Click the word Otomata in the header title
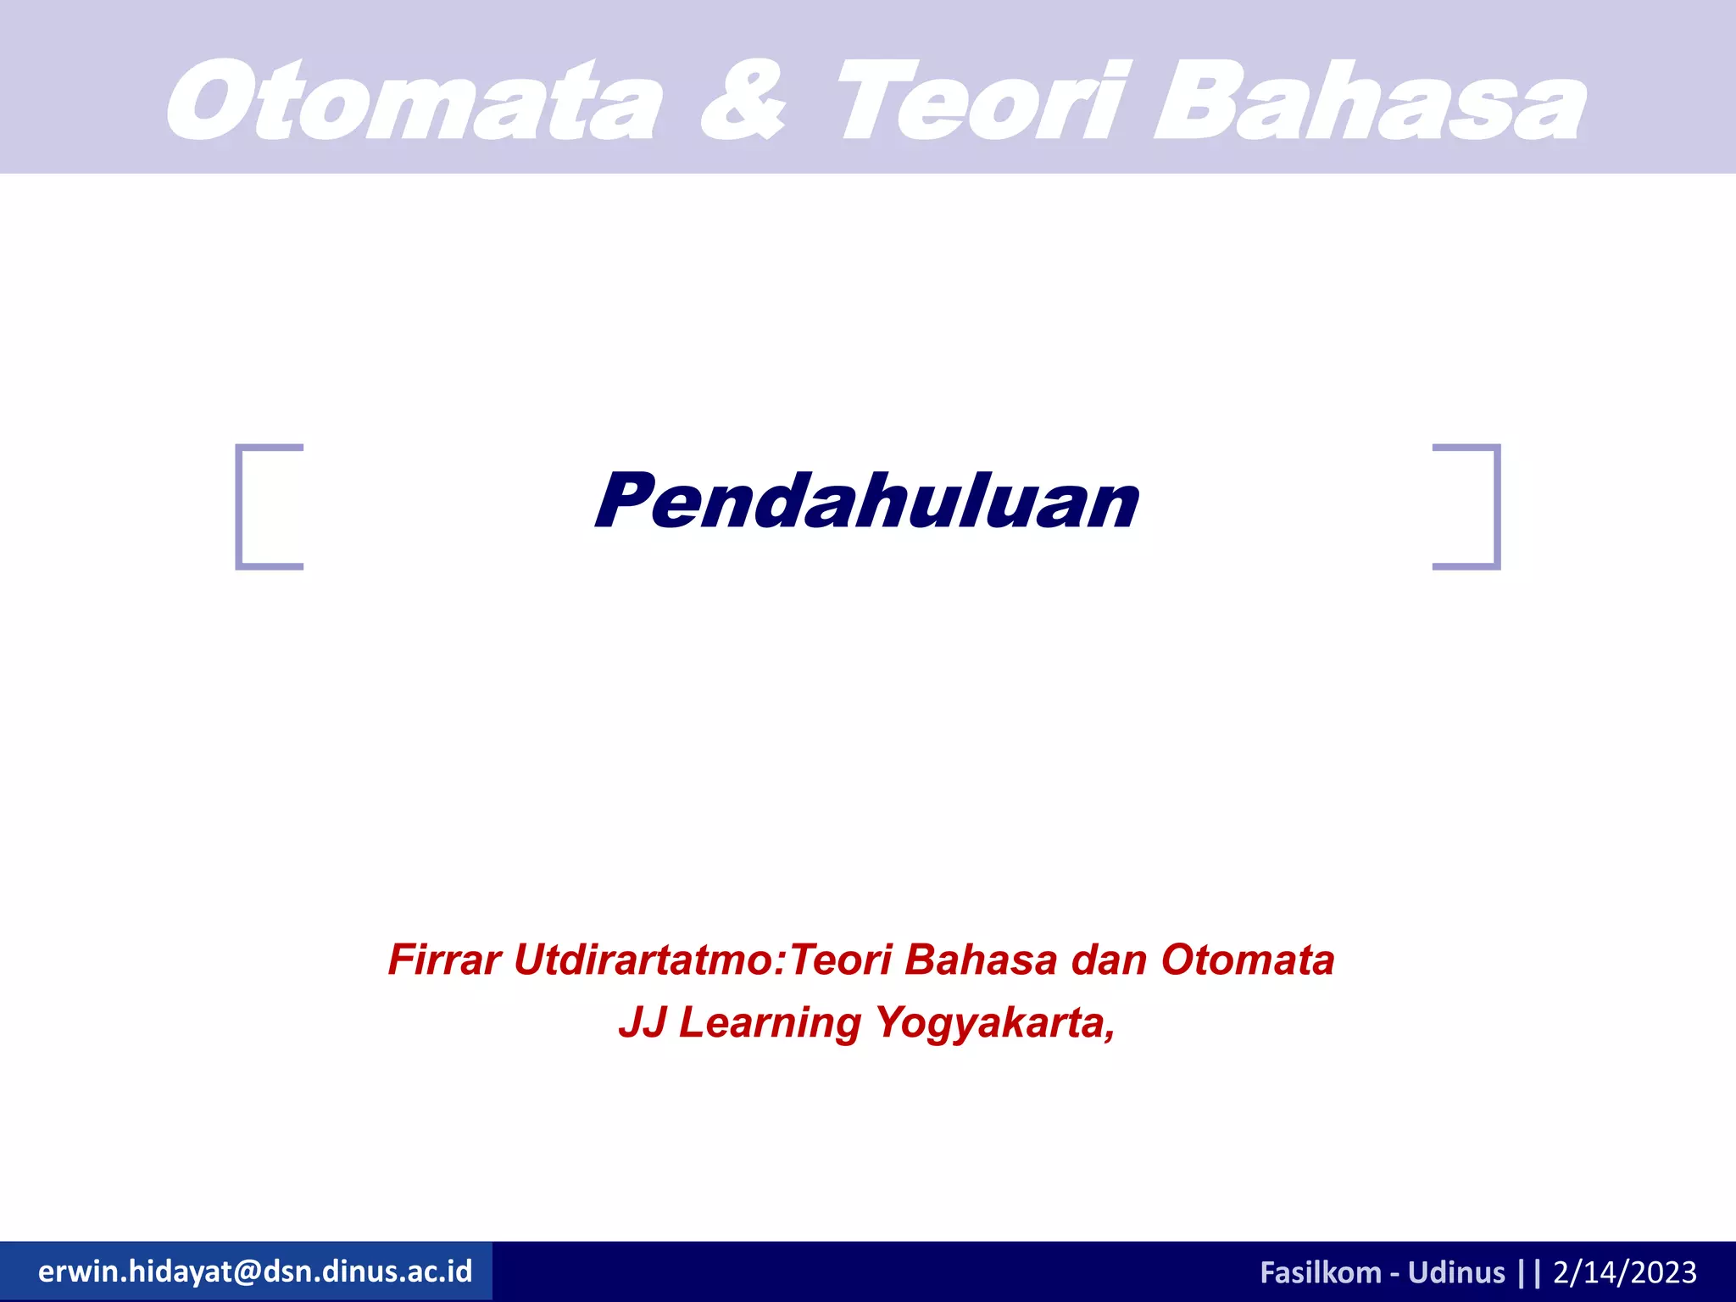(x=414, y=102)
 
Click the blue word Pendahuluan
(x=866, y=502)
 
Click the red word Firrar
(x=444, y=960)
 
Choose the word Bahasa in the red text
(x=981, y=960)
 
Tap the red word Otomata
(x=1248, y=960)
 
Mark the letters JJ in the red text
(x=642, y=1022)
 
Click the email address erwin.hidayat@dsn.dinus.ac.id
(x=255, y=1271)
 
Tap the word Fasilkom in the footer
(x=1320, y=1272)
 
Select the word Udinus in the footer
(x=1456, y=1272)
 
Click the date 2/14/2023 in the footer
(x=1625, y=1272)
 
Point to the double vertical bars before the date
(x=1530, y=1272)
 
